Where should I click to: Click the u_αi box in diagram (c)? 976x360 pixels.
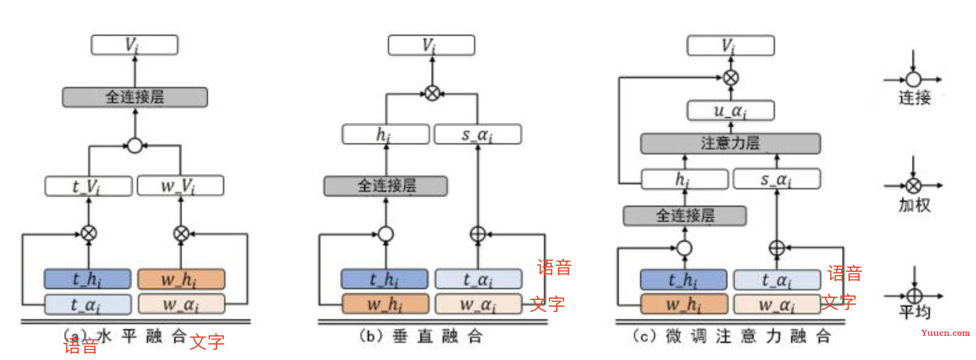click(x=730, y=110)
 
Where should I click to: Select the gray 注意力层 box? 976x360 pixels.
click(x=730, y=143)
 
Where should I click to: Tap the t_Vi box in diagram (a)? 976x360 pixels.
click(x=89, y=186)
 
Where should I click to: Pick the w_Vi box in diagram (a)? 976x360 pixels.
click(x=180, y=186)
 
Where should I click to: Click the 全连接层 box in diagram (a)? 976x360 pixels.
click(x=134, y=97)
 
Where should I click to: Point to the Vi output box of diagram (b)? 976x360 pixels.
click(x=431, y=45)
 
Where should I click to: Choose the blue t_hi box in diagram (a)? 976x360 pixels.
click(x=88, y=279)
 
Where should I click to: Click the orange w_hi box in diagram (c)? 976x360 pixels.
click(x=684, y=304)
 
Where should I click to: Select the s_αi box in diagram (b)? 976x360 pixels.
click(x=478, y=134)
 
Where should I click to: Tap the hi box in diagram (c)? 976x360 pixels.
click(x=684, y=179)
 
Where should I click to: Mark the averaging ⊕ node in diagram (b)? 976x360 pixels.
click(x=478, y=234)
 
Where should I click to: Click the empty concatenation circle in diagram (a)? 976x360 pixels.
click(x=135, y=146)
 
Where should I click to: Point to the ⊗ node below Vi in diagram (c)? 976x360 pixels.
click(x=730, y=78)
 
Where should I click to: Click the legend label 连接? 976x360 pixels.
click(x=914, y=97)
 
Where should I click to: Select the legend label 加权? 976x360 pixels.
click(x=914, y=204)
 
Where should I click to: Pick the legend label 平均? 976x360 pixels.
click(x=914, y=312)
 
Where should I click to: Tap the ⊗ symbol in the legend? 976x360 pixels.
click(x=913, y=186)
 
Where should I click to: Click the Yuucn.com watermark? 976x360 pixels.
click(x=945, y=333)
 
